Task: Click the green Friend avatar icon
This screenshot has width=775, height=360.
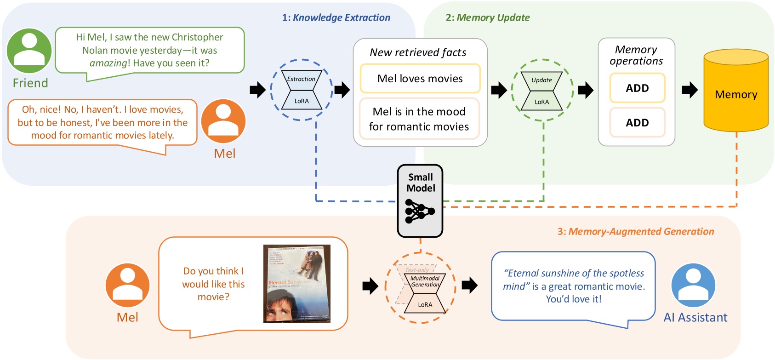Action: [x=29, y=51]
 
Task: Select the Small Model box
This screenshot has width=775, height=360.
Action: [x=420, y=200]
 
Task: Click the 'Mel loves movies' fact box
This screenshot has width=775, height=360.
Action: [x=420, y=79]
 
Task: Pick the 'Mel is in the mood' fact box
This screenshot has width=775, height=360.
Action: [x=419, y=119]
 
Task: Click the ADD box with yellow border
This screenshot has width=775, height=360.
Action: [x=637, y=88]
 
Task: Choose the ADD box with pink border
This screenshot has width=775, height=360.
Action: [x=637, y=122]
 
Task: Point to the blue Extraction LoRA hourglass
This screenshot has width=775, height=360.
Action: [x=302, y=90]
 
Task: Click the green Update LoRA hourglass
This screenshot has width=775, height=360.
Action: [x=542, y=91]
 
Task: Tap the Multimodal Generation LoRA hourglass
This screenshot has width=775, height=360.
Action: [x=425, y=292]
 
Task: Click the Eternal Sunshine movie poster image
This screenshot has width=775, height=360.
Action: [x=297, y=283]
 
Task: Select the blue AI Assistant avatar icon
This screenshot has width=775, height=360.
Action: [x=693, y=285]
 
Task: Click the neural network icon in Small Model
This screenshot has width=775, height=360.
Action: [x=419, y=211]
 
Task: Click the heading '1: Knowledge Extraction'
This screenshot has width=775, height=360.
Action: [x=336, y=17]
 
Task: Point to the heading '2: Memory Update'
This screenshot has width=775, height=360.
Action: [x=487, y=17]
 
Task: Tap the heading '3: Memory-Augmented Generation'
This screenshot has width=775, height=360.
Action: [x=636, y=231]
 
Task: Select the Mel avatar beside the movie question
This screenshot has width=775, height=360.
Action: [x=127, y=285]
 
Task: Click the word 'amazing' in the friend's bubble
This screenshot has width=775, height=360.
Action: [x=108, y=63]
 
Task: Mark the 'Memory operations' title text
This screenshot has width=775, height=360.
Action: [x=636, y=55]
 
